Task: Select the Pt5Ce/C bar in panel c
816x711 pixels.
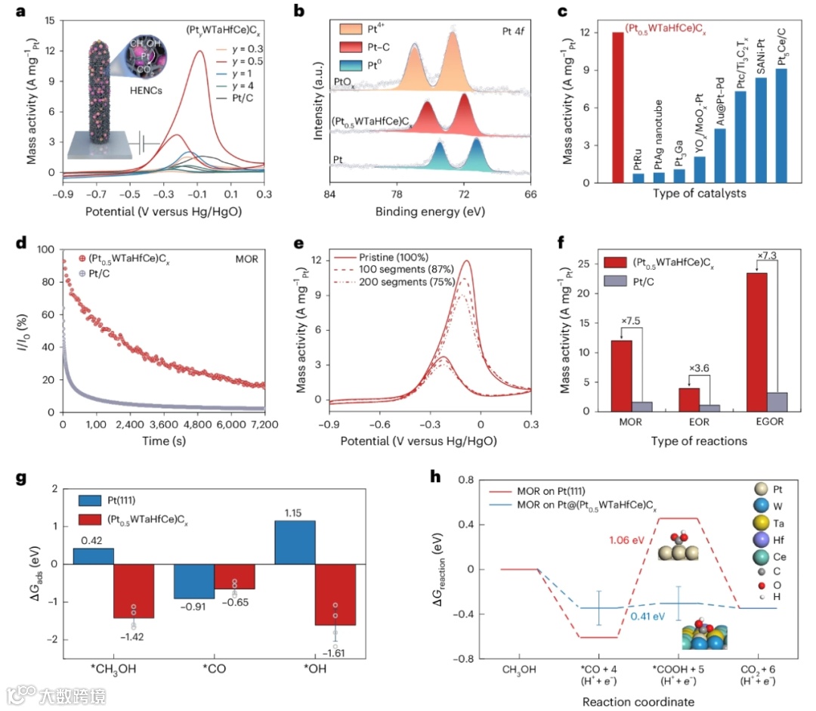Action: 780,125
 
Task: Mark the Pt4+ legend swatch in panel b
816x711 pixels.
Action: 332,29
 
